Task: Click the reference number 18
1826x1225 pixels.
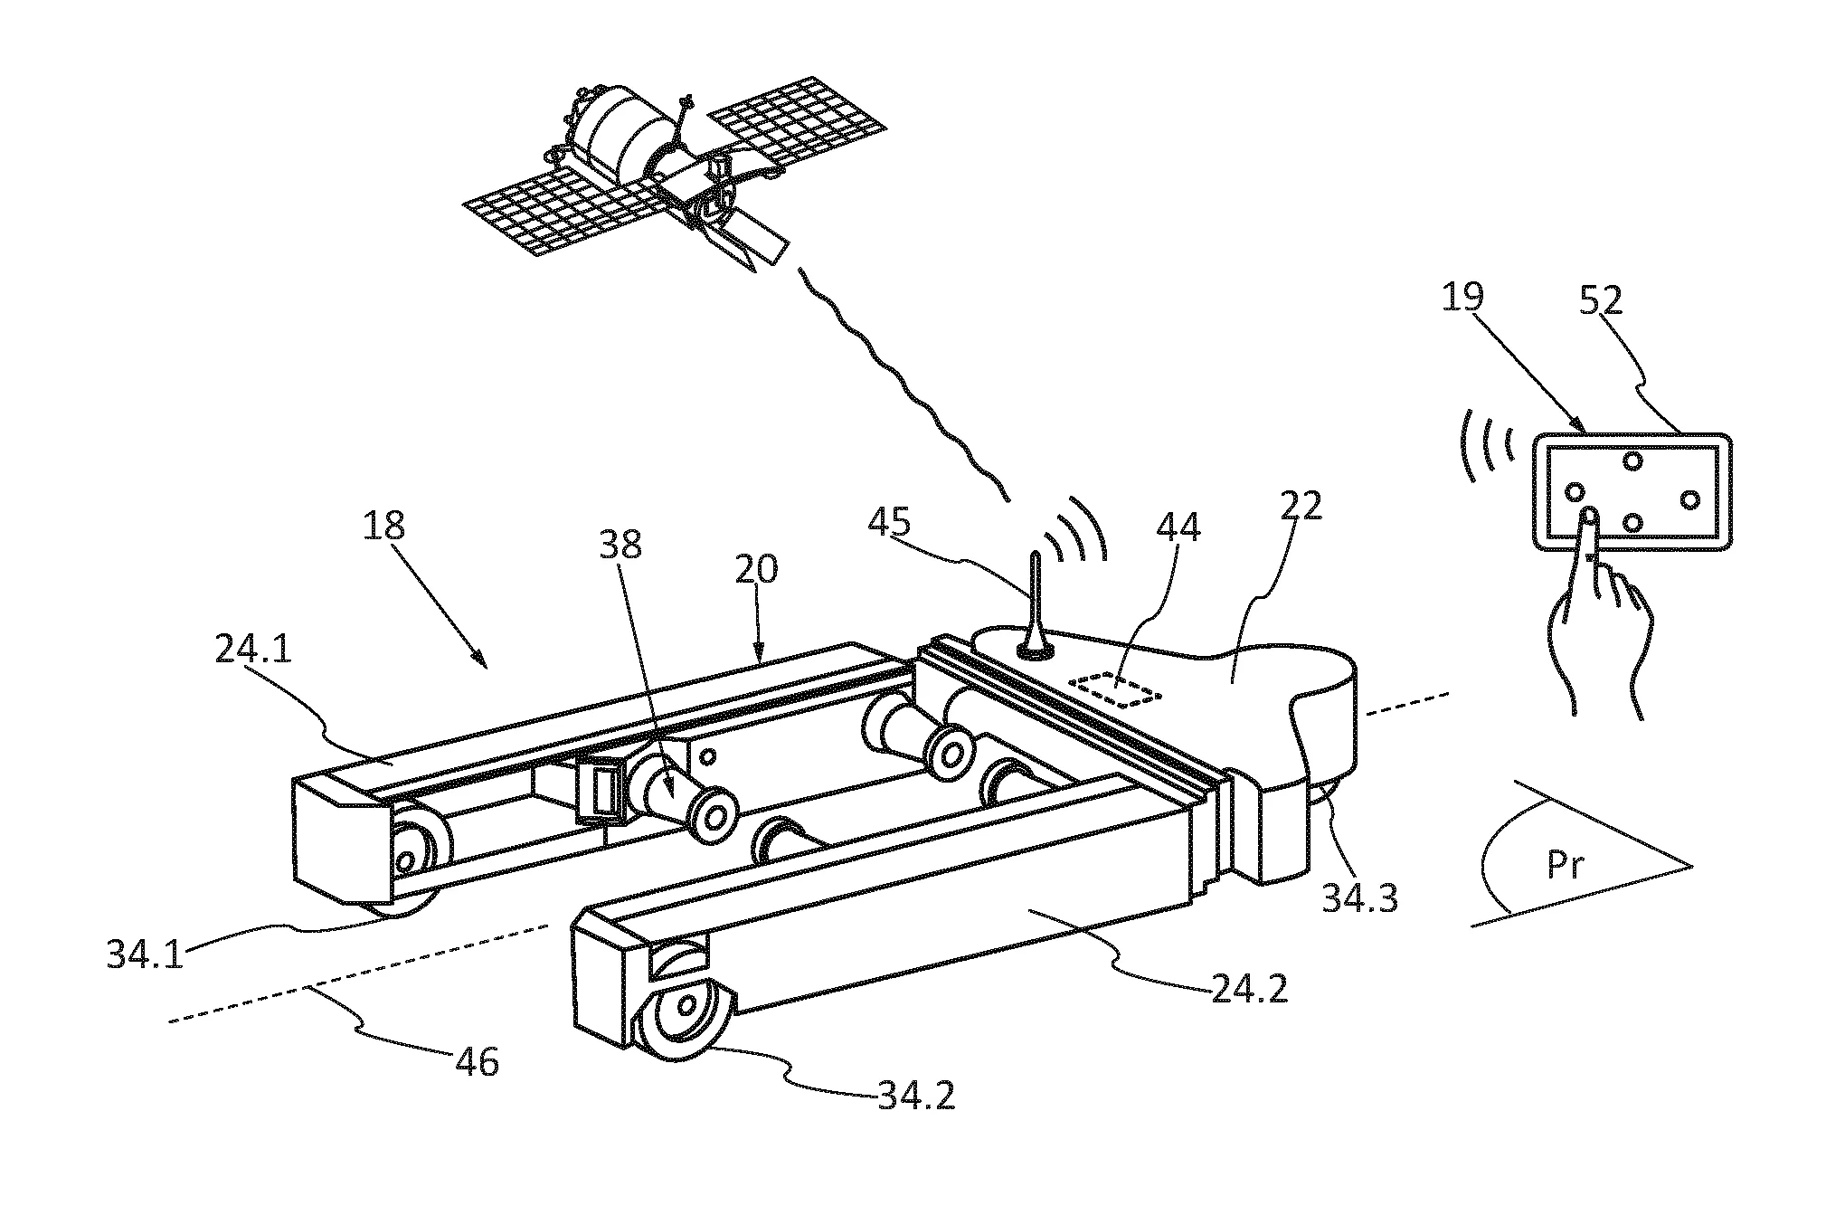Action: [x=383, y=526]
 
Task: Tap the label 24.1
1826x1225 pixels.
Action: [x=253, y=650]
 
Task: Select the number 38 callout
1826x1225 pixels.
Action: [x=620, y=543]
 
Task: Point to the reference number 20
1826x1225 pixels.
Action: [x=755, y=571]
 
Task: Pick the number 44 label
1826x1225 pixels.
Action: [x=1178, y=526]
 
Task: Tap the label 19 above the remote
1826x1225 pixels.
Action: [x=1462, y=298]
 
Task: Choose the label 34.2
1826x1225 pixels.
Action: [x=915, y=1096]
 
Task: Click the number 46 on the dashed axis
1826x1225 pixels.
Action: [x=478, y=1061]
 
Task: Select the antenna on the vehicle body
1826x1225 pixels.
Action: [x=1033, y=606]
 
